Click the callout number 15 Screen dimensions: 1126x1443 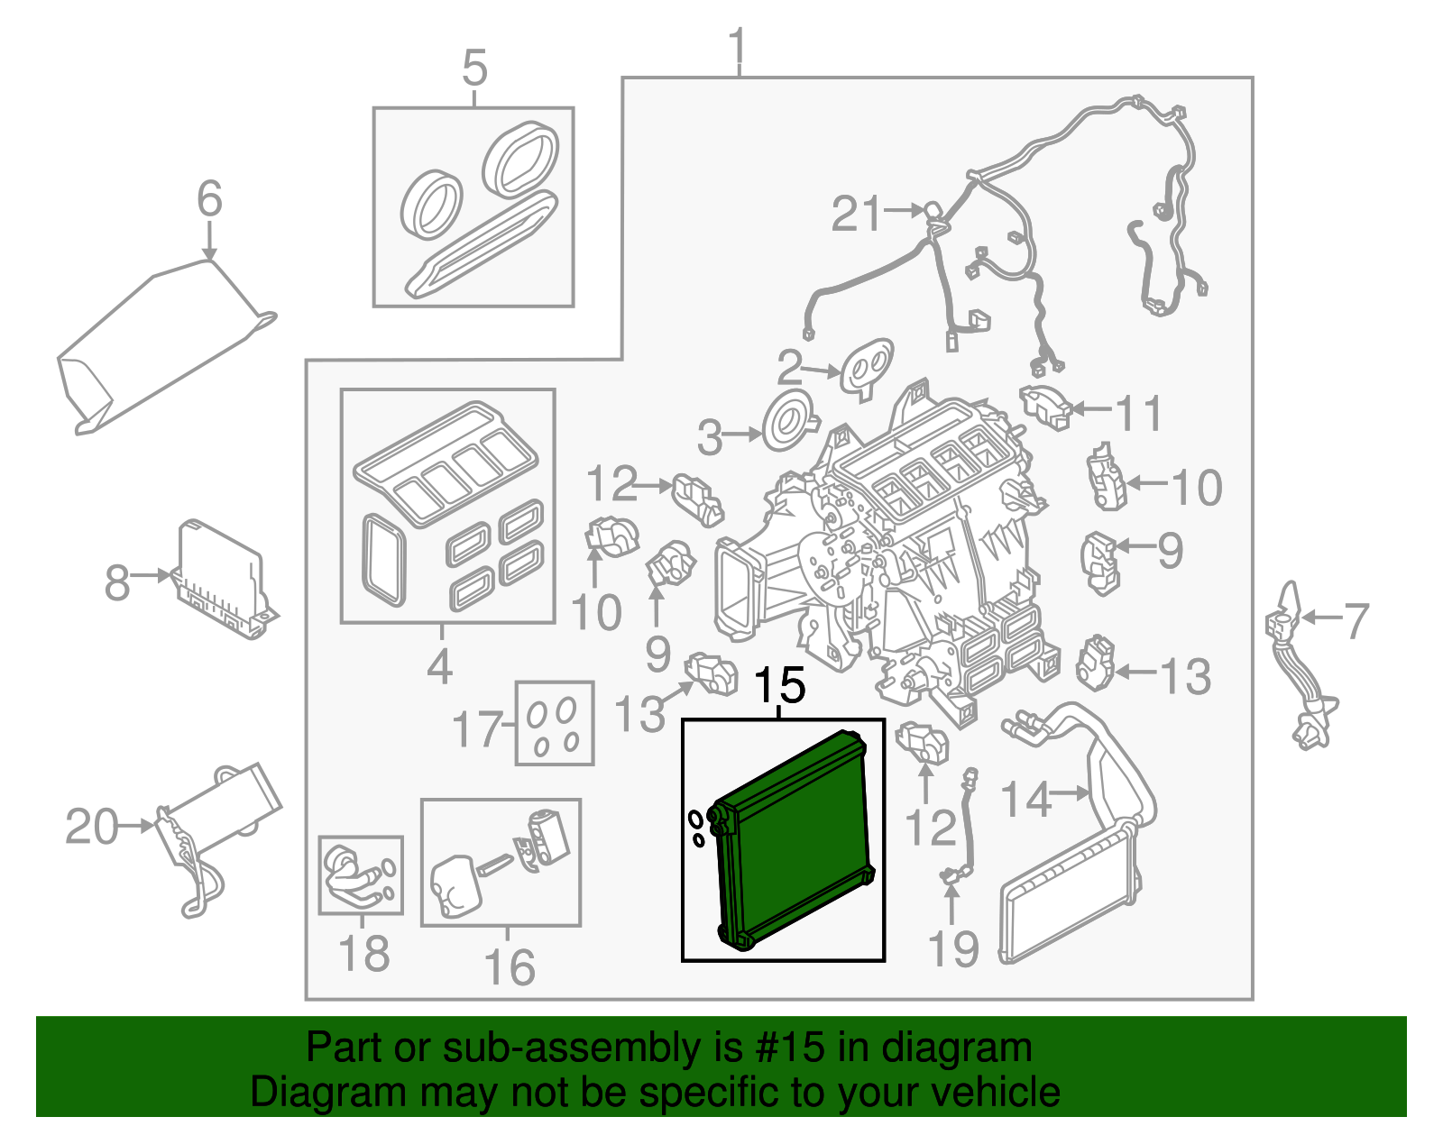779,687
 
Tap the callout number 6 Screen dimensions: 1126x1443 209,198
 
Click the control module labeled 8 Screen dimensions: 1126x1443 221,577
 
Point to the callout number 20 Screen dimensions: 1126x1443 91,827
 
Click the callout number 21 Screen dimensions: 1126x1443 855,215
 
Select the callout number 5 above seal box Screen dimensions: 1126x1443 474,69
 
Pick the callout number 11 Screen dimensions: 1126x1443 1139,414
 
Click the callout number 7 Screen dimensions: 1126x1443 1356,621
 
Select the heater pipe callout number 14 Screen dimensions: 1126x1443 1026,799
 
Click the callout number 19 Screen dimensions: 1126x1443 953,949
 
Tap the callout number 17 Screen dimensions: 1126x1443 477,729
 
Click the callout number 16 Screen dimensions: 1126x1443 510,967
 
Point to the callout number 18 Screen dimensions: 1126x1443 363,953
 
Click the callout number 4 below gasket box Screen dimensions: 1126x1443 439,667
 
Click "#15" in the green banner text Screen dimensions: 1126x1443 785,1048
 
